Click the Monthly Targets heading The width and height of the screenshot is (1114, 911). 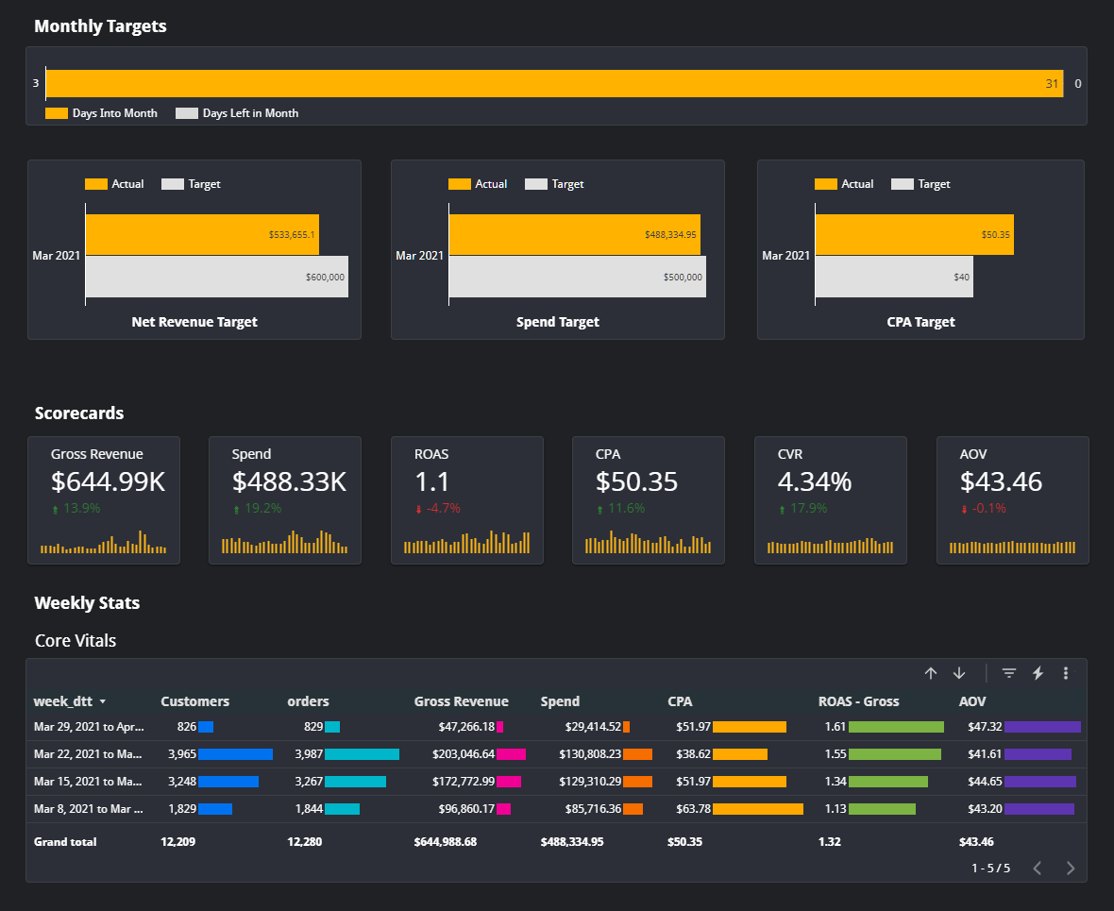(100, 26)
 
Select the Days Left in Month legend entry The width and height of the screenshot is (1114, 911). (249, 113)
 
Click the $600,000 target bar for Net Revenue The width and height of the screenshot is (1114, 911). (216, 277)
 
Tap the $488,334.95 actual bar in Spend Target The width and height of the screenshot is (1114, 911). (574, 234)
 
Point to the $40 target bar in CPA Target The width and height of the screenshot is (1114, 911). (893, 277)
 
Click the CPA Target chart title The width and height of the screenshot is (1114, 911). (920, 322)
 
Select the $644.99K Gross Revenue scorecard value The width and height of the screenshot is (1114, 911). (108, 481)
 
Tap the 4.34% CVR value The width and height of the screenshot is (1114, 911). (814, 481)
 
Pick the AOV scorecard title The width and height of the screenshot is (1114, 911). (973, 454)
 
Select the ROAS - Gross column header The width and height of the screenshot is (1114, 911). (858, 701)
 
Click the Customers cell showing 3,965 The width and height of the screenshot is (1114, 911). (182, 754)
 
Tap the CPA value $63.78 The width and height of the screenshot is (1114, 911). (693, 809)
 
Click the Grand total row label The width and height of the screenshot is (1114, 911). (65, 841)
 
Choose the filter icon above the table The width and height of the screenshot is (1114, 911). (1009, 673)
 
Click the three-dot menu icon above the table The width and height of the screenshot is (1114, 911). (1066, 673)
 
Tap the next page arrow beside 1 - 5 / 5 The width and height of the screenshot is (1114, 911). (1070, 869)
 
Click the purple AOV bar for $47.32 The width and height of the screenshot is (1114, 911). (1042, 727)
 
